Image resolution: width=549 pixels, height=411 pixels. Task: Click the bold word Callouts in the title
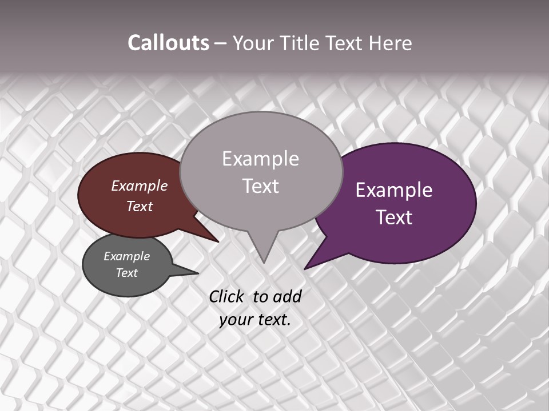point(168,43)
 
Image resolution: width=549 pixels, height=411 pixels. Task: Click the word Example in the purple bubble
point(394,190)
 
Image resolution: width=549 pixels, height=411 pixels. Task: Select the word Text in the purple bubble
point(394,217)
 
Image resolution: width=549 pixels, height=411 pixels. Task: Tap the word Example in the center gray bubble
point(260,159)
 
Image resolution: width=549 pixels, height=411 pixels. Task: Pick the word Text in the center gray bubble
point(260,186)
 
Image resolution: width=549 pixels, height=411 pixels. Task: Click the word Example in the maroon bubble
point(139,186)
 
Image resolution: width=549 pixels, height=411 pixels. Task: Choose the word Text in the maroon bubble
point(139,206)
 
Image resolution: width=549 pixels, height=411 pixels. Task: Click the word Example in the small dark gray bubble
point(126,256)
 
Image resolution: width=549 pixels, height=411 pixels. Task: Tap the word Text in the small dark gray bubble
point(126,273)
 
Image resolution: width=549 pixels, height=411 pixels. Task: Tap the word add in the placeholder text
point(288,296)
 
